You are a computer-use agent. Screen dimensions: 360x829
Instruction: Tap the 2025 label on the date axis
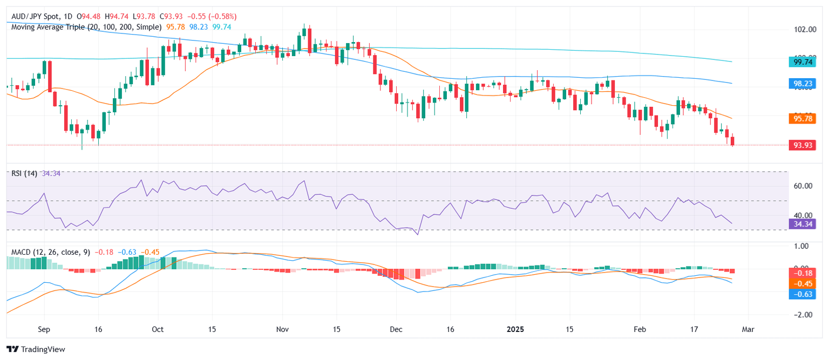(x=515, y=329)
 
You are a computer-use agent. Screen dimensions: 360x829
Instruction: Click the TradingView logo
(x=36, y=349)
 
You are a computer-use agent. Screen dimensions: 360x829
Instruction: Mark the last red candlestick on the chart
(x=732, y=141)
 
